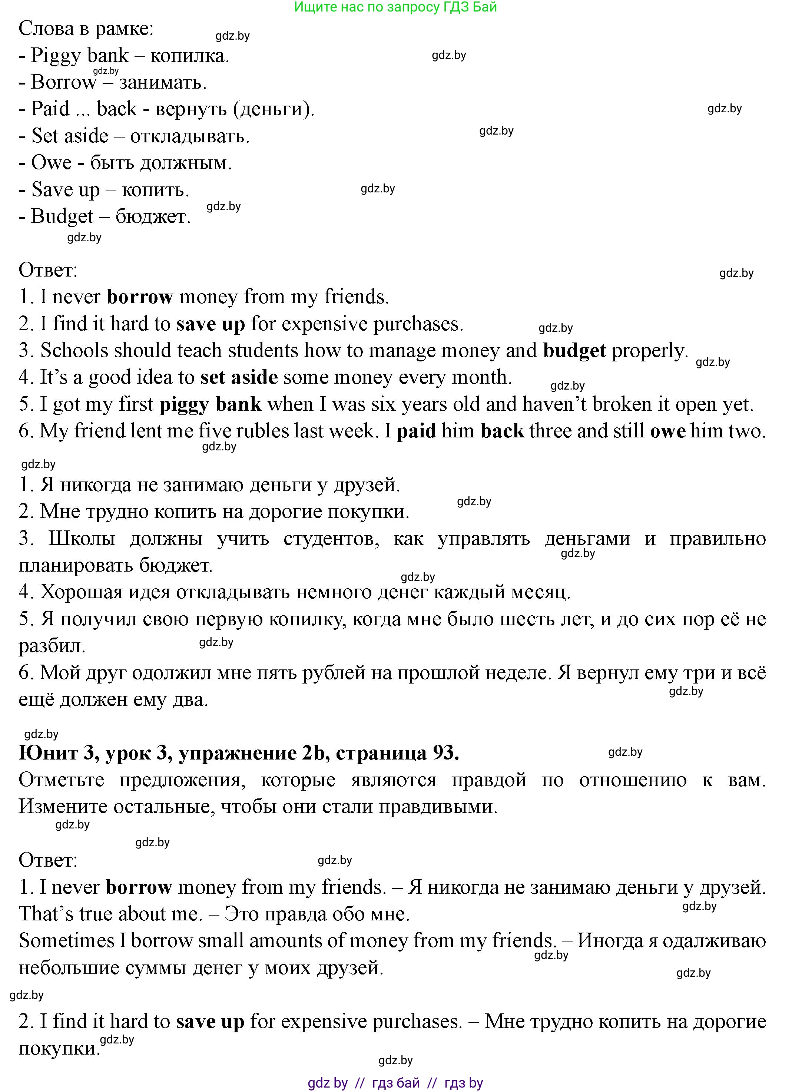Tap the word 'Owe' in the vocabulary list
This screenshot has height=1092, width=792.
point(51,163)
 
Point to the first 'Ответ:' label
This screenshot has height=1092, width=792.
point(48,270)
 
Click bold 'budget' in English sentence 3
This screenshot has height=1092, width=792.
point(574,351)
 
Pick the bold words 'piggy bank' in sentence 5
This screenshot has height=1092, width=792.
point(211,404)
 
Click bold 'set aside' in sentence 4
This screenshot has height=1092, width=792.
point(239,377)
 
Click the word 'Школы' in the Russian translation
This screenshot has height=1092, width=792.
point(82,538)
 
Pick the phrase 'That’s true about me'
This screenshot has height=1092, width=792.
point(110,914)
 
